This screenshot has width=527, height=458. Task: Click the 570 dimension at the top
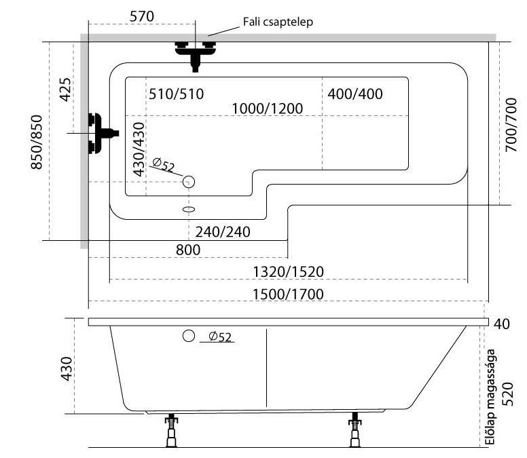[142, 16]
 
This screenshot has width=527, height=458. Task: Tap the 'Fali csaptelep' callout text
[278, 22]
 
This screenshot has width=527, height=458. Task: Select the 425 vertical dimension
[66, 90]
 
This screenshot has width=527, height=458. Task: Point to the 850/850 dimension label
[37, 142]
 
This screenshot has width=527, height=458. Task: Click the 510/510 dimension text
[176, 94]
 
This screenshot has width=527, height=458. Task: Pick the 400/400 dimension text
[355, 94]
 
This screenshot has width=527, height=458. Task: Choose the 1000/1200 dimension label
[267, 109]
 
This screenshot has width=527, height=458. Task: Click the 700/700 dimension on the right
[511, 125]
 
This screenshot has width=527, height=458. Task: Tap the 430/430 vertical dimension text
[139, 149]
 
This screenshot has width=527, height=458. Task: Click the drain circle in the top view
[189, 182]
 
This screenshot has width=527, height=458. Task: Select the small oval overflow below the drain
[189, 210]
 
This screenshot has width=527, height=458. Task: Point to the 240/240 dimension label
[223, 232]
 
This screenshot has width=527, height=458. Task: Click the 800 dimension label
[188, 250]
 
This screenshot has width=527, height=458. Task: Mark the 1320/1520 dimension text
[288, 271]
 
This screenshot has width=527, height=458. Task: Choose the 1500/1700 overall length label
[288, 294]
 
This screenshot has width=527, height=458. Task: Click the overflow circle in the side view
[189, 336]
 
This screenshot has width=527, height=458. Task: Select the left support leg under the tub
[171, 430]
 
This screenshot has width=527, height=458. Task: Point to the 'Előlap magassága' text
[491, 397]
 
